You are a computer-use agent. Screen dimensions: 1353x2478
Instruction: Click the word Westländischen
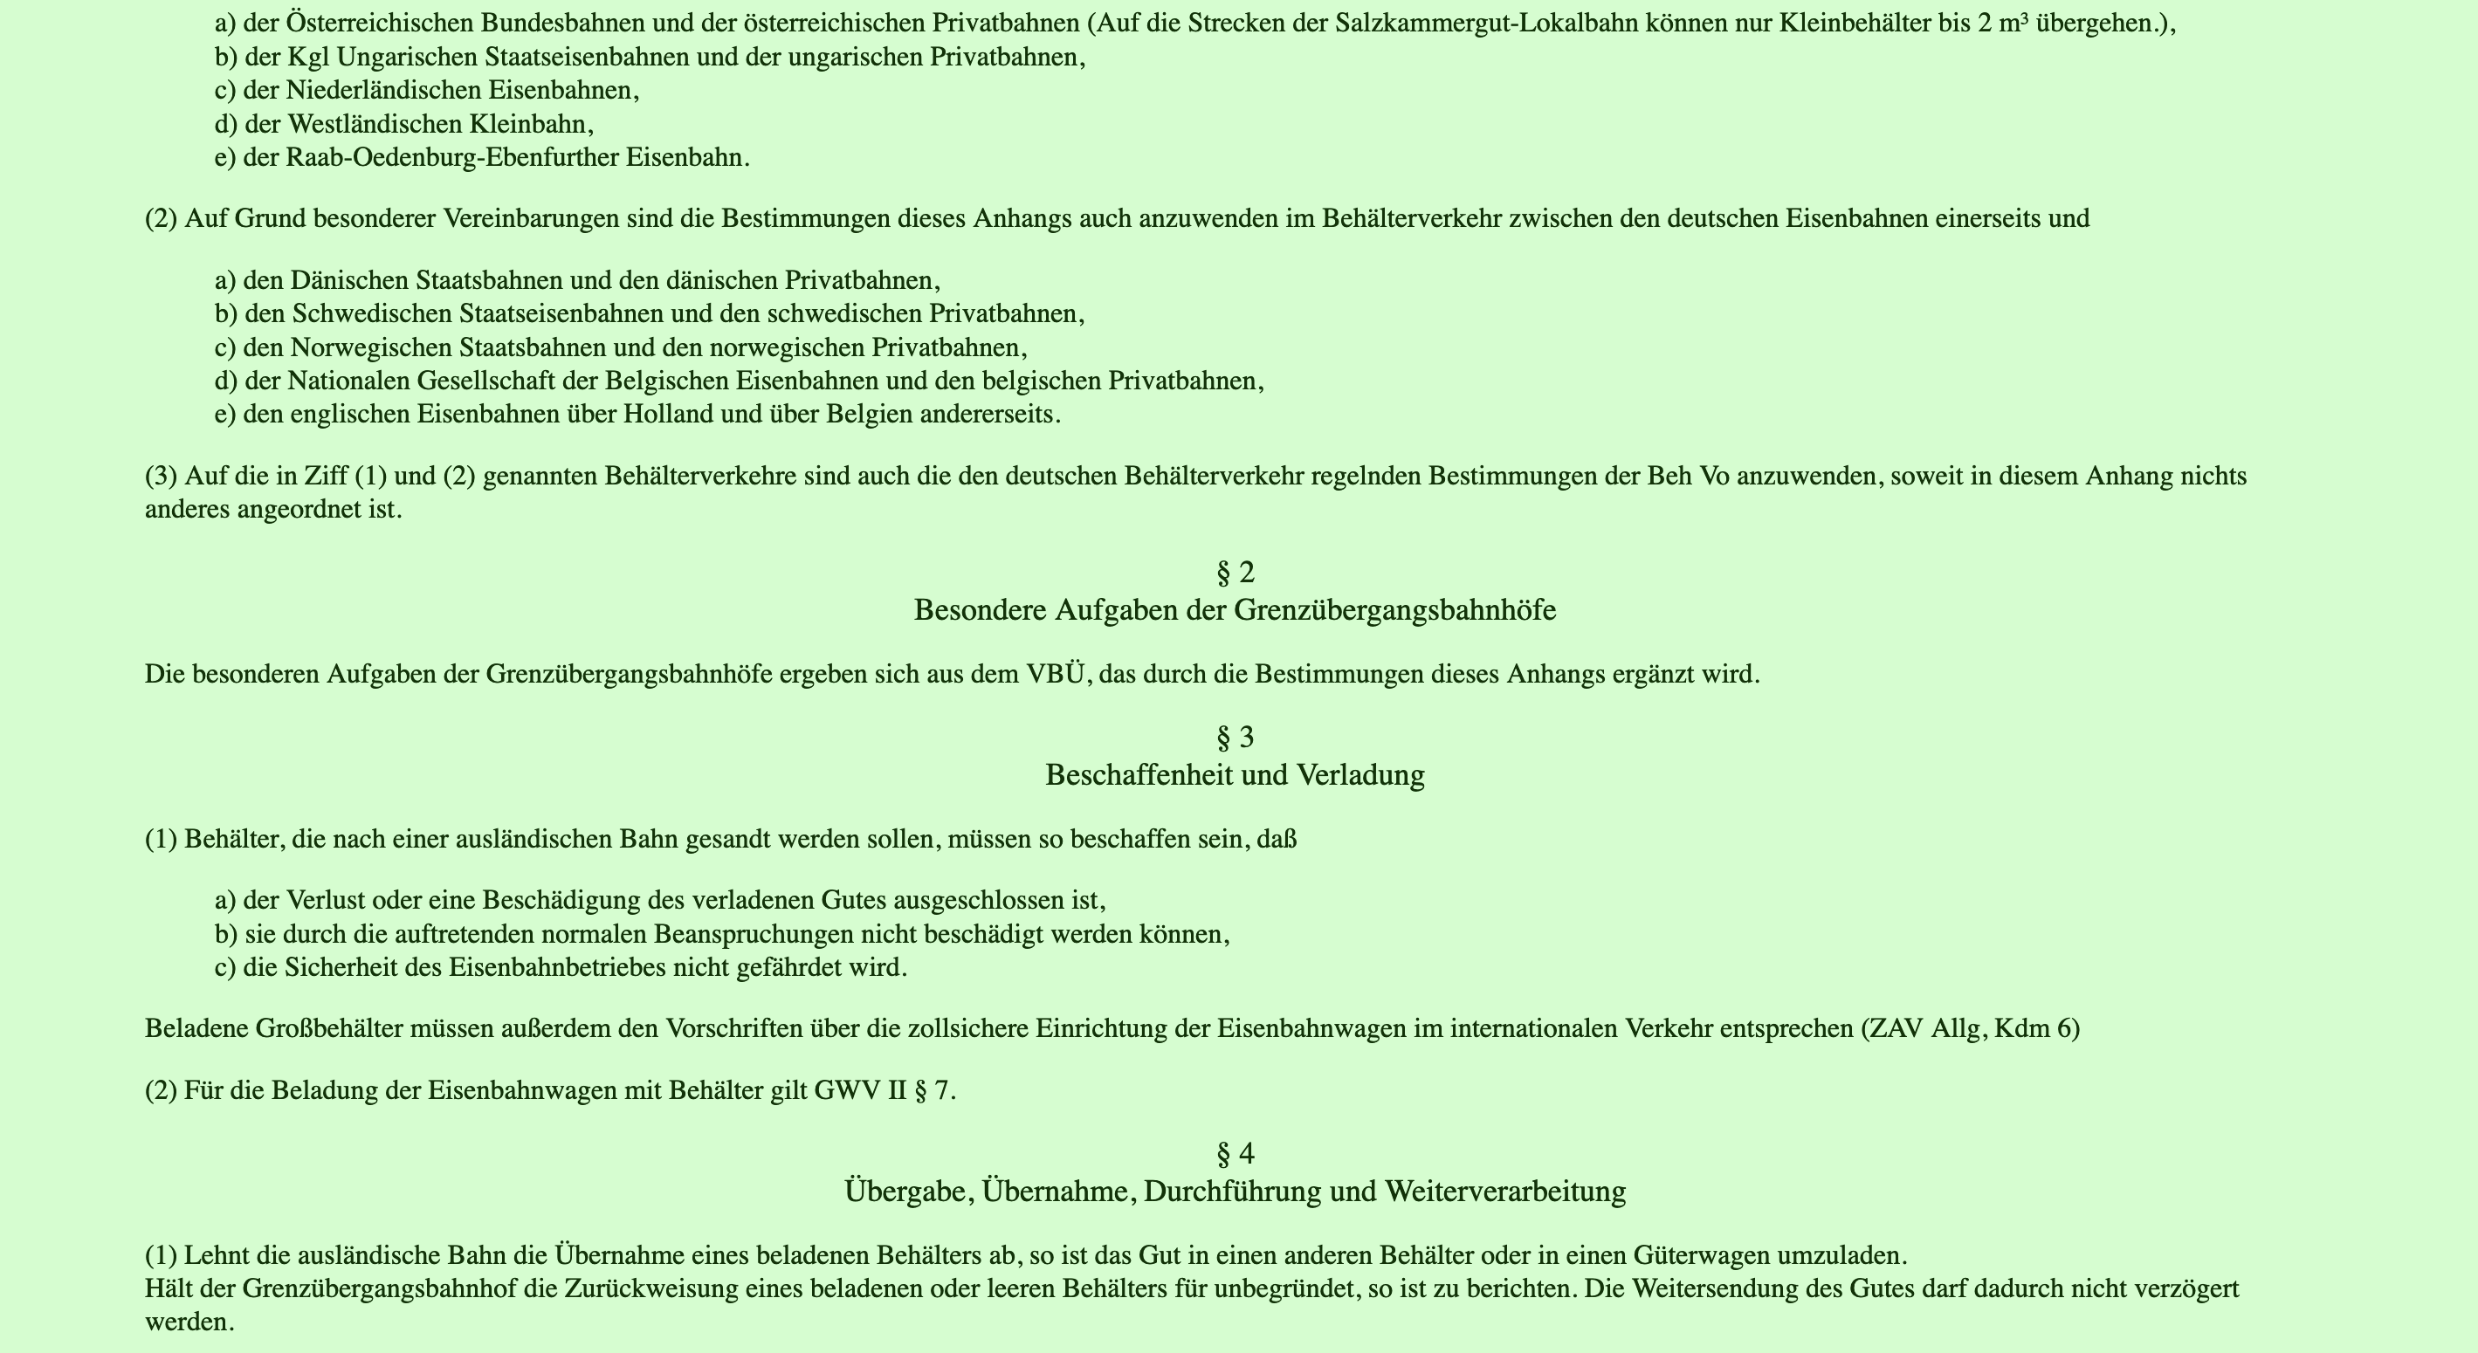point(373,125)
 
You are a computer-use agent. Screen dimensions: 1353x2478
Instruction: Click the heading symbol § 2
point(1236,573)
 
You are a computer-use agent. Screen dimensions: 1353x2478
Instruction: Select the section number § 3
point(1236,738)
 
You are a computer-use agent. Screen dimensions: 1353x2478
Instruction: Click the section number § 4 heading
point(1236,1153)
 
